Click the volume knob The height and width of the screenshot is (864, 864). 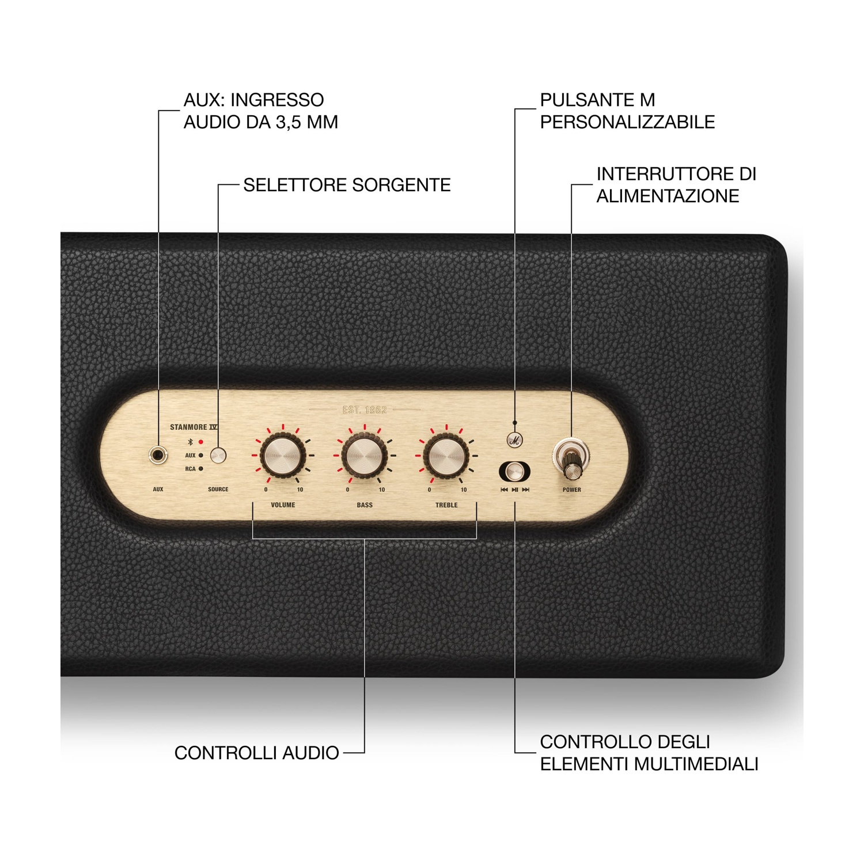click(x=282, y=456)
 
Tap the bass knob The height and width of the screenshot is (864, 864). click(x=364, y=456)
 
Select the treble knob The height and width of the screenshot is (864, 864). click(x=446, y=456)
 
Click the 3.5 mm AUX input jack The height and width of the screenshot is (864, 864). click(x=158, y=456)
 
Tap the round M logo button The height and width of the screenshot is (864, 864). click(x=514, y=441)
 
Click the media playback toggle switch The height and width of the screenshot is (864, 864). click(x=514, y=472)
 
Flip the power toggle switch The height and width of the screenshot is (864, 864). click(x=571, y=458)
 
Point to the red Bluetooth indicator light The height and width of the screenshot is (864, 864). click(x=201, y=442)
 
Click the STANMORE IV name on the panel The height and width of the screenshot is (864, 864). click(x=194, y=427)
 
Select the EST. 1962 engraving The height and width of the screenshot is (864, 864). click(x=365, y=410)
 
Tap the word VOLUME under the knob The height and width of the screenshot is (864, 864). click(x=283, y=505)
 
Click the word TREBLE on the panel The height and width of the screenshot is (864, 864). click(x=446, y=505)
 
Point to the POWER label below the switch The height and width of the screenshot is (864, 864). click(x=572, y=490)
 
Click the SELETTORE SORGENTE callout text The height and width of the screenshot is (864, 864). click(x=347, y=185)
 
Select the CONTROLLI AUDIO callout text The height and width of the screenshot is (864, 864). click(x=257, y=753)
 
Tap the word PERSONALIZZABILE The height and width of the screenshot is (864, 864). click(x=627, y=122)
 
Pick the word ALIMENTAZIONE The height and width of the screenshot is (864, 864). click(x=668, y=196)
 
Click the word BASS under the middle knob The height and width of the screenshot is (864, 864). click(x=365, y=505)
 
